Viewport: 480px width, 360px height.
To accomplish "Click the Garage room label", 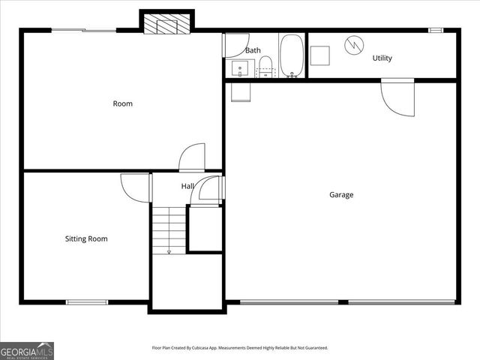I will point(341,195).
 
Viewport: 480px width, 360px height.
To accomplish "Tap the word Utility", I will point(382,58).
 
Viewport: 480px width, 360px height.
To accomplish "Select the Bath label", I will point(253,51).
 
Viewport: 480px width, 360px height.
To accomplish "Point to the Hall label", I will point(187,186).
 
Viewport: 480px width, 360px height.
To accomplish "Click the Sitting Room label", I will point(86,239).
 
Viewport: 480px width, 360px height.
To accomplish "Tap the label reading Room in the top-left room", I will point(122,103).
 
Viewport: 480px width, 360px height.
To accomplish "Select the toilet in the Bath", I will point(265,66).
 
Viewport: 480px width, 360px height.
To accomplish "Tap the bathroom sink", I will point(241,70).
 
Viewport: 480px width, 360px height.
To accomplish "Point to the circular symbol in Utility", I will point(352,45).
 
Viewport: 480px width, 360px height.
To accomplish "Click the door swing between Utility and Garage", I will point(397,97).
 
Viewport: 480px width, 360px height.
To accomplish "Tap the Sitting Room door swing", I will point(136,187).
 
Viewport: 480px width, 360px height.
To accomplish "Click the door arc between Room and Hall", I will point(192,157).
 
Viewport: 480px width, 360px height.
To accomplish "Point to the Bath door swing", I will point(235,46).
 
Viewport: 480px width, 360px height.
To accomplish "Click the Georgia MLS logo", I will point(27,350).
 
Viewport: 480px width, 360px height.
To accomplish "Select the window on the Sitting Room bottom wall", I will point(87,302).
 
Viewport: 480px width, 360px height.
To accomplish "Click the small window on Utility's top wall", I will point(436,30).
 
